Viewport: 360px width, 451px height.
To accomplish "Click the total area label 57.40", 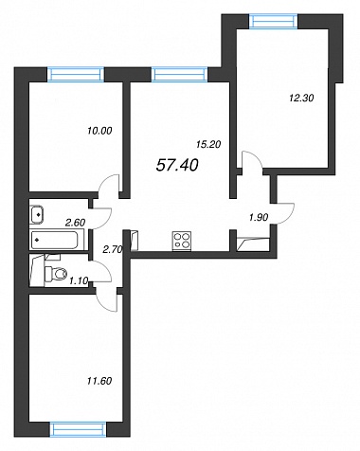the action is pos(177,165).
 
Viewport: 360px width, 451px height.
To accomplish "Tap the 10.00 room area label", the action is pos(99,131).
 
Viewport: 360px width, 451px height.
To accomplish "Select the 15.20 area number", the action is pos(208,144).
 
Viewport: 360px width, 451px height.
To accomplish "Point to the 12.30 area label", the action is pos(301,99).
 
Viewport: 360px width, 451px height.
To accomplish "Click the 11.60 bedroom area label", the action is pos(99,381).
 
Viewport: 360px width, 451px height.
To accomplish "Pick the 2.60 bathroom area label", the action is pos(75,223).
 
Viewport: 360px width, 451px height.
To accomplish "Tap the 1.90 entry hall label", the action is pos(259,217).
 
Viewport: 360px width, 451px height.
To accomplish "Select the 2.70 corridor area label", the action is pos(113,250).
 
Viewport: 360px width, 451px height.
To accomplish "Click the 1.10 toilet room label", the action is pos(79,280).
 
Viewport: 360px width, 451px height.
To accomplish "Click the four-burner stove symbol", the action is pos(182,241).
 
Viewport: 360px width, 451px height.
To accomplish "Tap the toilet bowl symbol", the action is pos(56,274).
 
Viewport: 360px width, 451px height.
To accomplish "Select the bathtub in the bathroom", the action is pos(54,240).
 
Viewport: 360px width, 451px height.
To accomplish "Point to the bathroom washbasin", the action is pos(37,214).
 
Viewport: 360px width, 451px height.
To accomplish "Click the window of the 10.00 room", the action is pos(76,75).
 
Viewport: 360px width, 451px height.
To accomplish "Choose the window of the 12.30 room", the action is pos(274,22).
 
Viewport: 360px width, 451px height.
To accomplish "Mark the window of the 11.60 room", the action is pos(79,429).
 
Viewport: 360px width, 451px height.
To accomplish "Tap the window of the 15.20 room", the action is pos(179,75).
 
